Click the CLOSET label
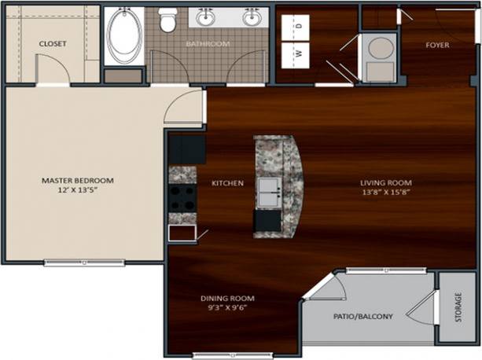[53, 44]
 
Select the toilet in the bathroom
[167, 19]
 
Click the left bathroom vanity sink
[208, 17]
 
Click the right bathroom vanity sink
[252, 17]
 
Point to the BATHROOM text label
[208, 44]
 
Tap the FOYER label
[437, 45]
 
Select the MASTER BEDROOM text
[77, 180]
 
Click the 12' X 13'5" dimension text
[77, 190]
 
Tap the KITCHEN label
[227, 183]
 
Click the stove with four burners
[182, 199]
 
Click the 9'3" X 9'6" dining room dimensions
[227, 309]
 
